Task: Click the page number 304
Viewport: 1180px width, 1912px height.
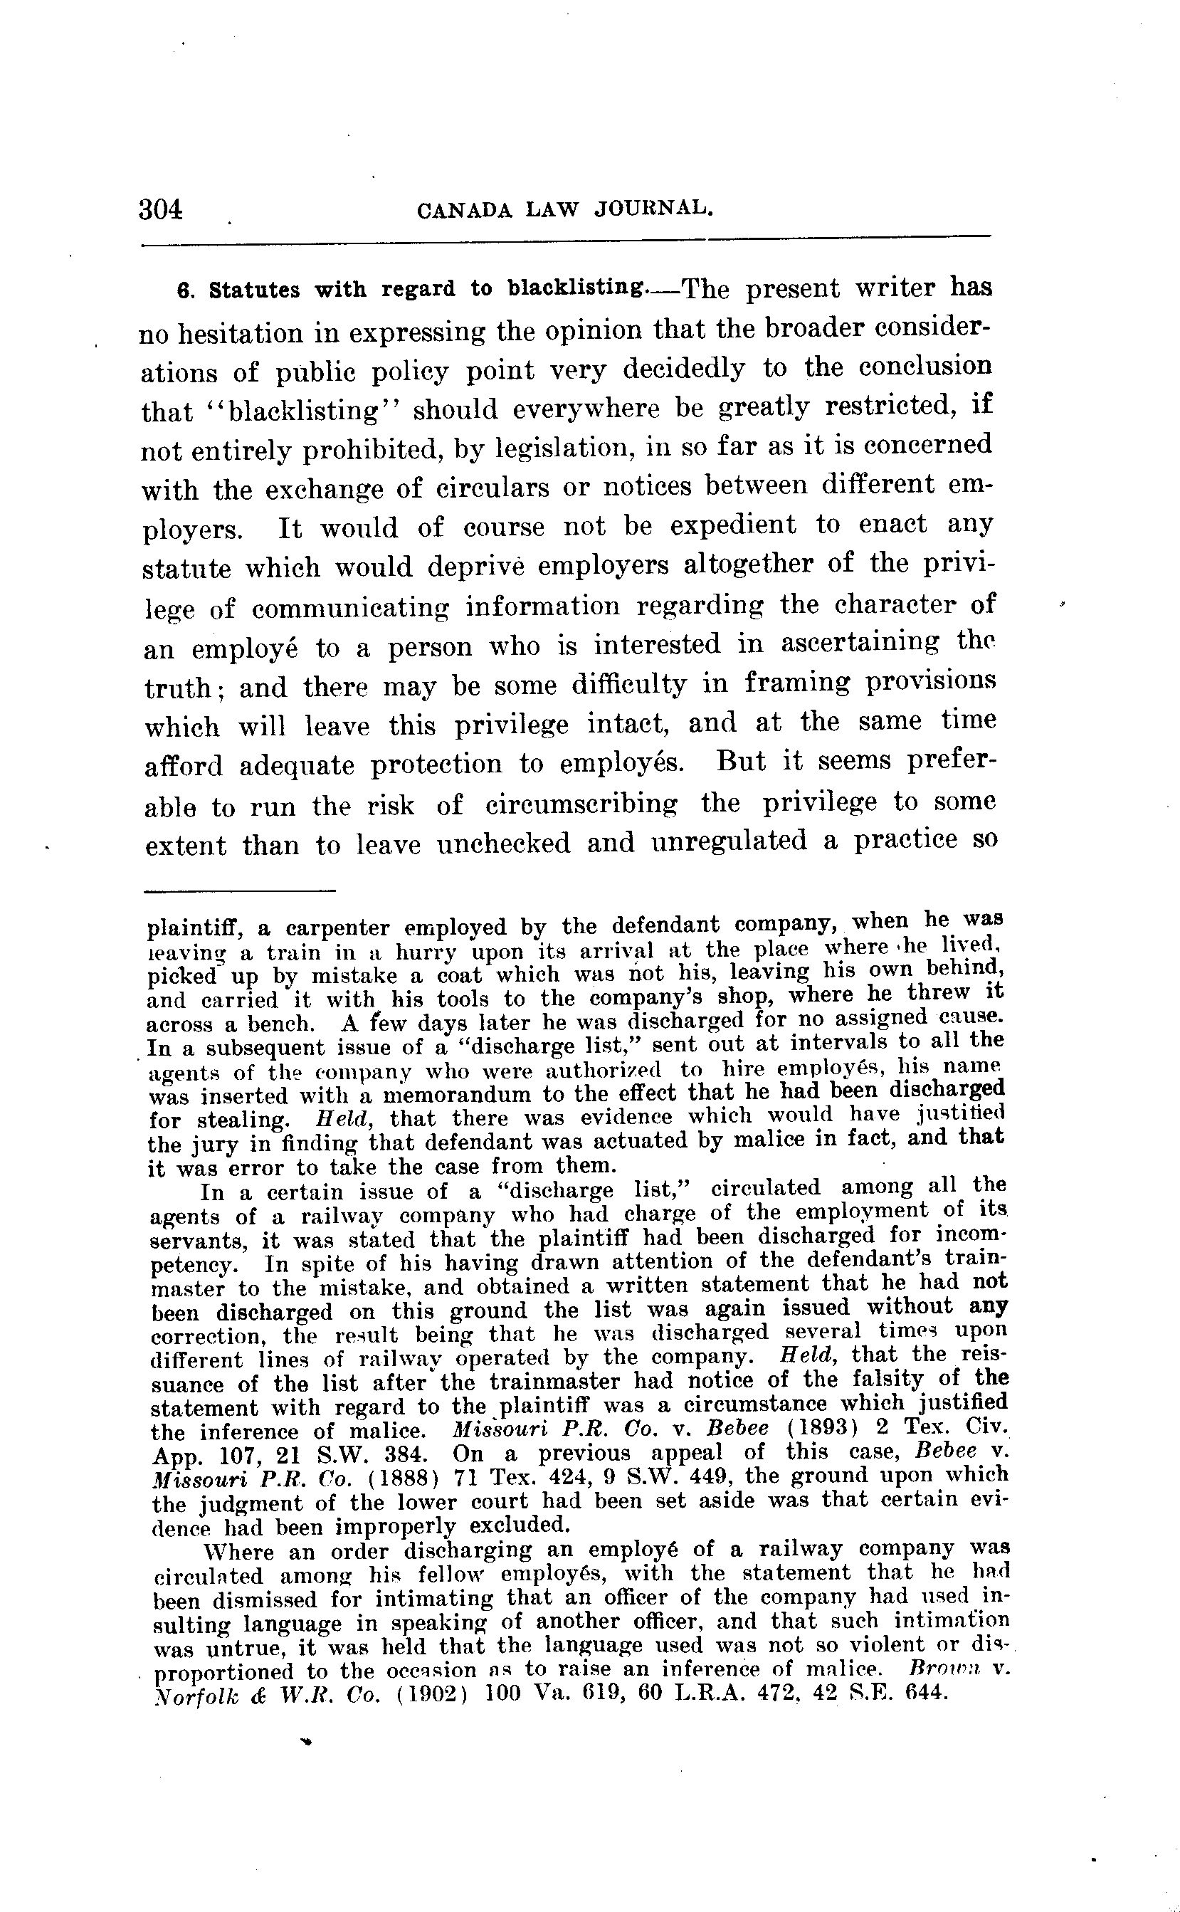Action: coord(161,209)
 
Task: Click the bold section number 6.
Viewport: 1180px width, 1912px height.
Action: coord(184,291)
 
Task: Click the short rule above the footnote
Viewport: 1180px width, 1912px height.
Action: coord(240,891)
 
